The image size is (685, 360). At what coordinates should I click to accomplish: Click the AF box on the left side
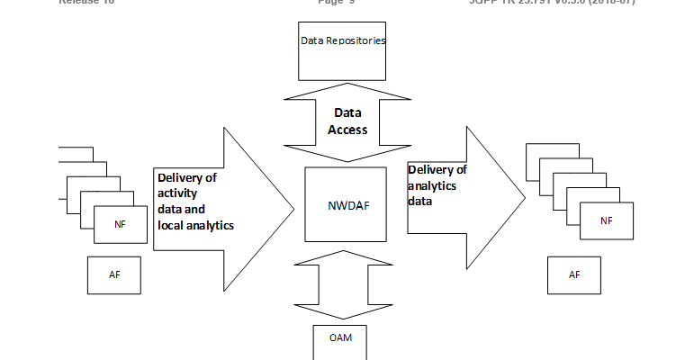coord(115,274)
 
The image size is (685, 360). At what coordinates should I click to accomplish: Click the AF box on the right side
coord(574,274)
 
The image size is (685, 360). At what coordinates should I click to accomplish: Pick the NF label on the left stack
coord(120,224)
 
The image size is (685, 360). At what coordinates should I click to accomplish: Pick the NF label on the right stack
coord(606,220)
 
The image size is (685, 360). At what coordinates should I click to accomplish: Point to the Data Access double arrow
coord(342,121)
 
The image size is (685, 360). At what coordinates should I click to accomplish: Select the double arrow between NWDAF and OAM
coord(342,285)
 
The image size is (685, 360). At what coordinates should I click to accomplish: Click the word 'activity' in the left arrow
coord(177,193)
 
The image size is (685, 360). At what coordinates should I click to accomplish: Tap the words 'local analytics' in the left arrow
coord(195,225)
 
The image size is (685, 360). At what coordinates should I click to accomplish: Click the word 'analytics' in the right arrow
coord(432,185)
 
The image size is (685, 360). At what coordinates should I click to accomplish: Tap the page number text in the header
coord(338,3)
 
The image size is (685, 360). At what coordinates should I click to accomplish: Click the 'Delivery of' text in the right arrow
coord(437,170)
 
